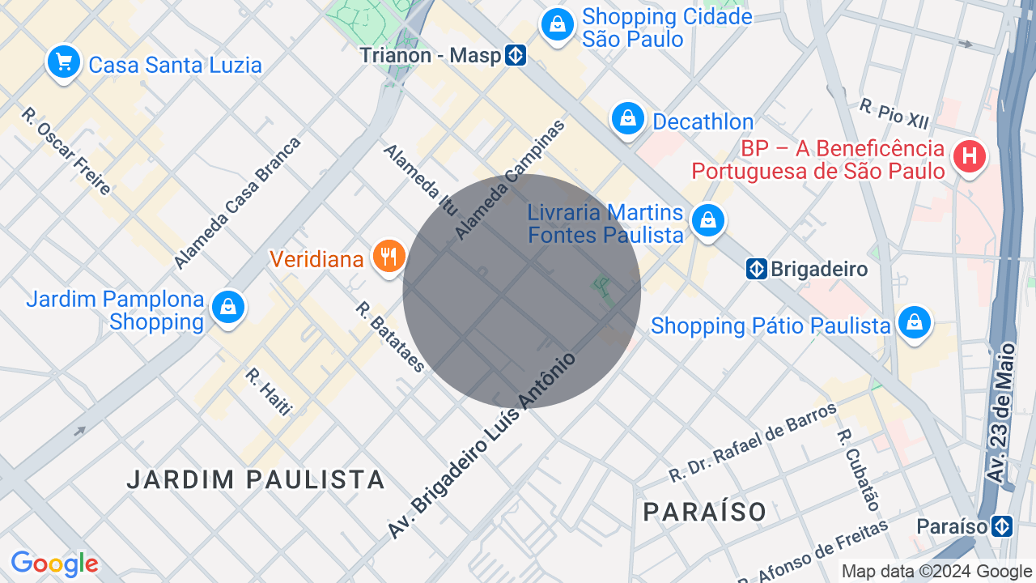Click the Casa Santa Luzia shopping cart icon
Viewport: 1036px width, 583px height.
(63, 62)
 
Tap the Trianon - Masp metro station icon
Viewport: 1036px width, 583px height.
(516, 55)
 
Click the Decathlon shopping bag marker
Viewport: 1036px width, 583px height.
(627, 119)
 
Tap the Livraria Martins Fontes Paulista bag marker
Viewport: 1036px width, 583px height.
(708, 219)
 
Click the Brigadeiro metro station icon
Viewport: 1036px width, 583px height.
(756, 269)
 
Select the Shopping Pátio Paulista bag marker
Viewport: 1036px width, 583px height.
(914, 322)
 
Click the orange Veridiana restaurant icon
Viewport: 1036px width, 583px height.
(389, 256)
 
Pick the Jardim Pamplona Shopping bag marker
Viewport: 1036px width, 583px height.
(228, 308)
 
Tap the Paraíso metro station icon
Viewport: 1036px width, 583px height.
(1002, 526)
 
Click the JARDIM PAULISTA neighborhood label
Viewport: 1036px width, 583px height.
(256, 479)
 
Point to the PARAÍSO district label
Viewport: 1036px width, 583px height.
(705, 512)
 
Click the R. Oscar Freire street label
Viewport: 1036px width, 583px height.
(66, 151)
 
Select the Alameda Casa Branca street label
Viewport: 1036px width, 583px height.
(237, 202)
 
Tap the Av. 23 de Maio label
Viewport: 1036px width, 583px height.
(1000, 414)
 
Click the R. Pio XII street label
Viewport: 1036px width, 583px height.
(894, 113)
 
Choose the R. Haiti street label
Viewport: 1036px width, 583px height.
(268, 392)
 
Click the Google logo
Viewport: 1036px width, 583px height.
(54, 564)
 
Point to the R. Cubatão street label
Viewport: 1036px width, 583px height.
(859, 470)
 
